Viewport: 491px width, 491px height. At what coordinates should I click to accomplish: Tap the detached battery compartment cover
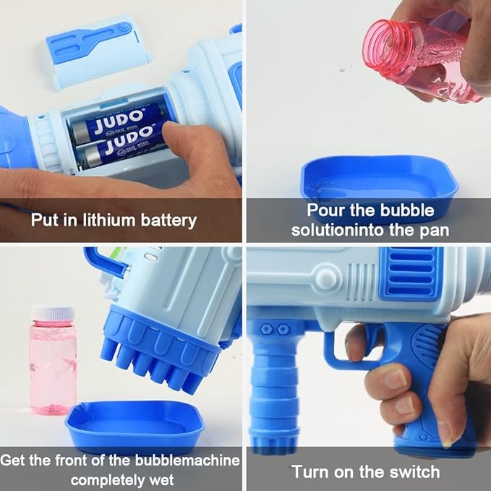[98, 51]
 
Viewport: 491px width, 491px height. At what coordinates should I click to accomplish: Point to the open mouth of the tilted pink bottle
[380, 44]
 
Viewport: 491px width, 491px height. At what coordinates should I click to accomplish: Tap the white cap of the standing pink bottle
[54, 314]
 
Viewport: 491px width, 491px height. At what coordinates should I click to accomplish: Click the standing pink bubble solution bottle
[54, 361]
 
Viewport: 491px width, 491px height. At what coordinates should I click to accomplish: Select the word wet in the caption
[161, 480]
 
